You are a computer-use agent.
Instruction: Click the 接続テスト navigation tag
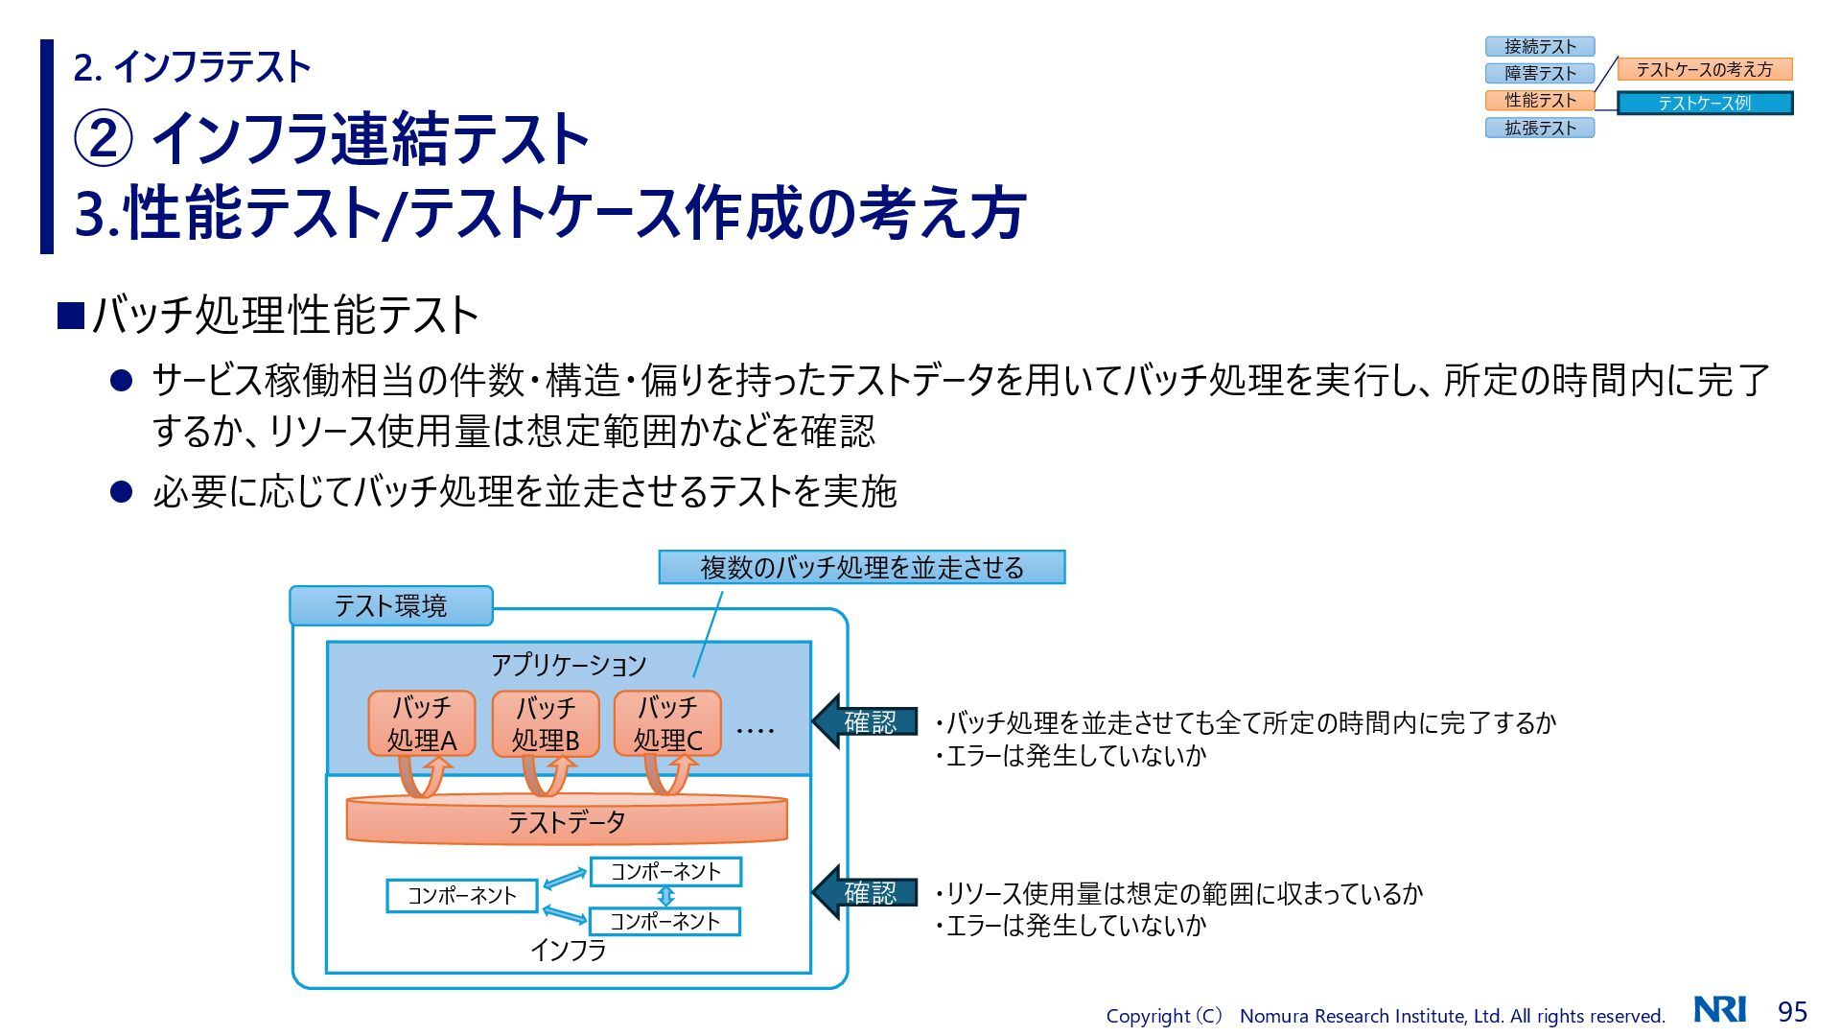1539,46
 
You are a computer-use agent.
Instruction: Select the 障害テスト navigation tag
1539,73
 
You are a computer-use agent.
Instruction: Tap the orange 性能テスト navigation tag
1539,100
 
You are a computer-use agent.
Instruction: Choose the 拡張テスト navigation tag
1539,128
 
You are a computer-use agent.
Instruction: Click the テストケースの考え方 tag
1704,69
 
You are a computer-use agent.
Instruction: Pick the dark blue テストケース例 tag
1704,103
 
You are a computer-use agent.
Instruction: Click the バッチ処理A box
422,723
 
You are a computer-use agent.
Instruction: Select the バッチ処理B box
546,723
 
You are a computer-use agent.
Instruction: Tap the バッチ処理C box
667,723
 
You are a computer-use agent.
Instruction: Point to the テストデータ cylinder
566,821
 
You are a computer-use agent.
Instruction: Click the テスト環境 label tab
390,605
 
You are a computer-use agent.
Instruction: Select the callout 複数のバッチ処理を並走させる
861,567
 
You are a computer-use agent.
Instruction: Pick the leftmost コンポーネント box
462,895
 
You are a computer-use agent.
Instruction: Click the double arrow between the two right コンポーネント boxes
665,896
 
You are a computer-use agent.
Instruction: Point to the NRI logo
1720,1009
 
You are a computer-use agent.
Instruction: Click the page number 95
1792,1011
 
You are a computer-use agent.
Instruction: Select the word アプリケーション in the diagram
569,664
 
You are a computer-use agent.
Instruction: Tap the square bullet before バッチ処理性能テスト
71,316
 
